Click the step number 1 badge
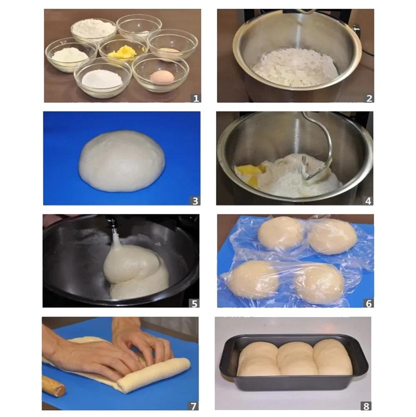point(196,98)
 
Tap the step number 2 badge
point(369,98)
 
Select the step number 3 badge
point(195,201)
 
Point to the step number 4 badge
point(368,201)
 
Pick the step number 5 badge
point(194,303)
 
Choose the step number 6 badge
point(368,303)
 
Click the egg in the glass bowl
point(162,76)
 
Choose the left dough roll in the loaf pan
point(257,359)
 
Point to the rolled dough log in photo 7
point(154,375)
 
